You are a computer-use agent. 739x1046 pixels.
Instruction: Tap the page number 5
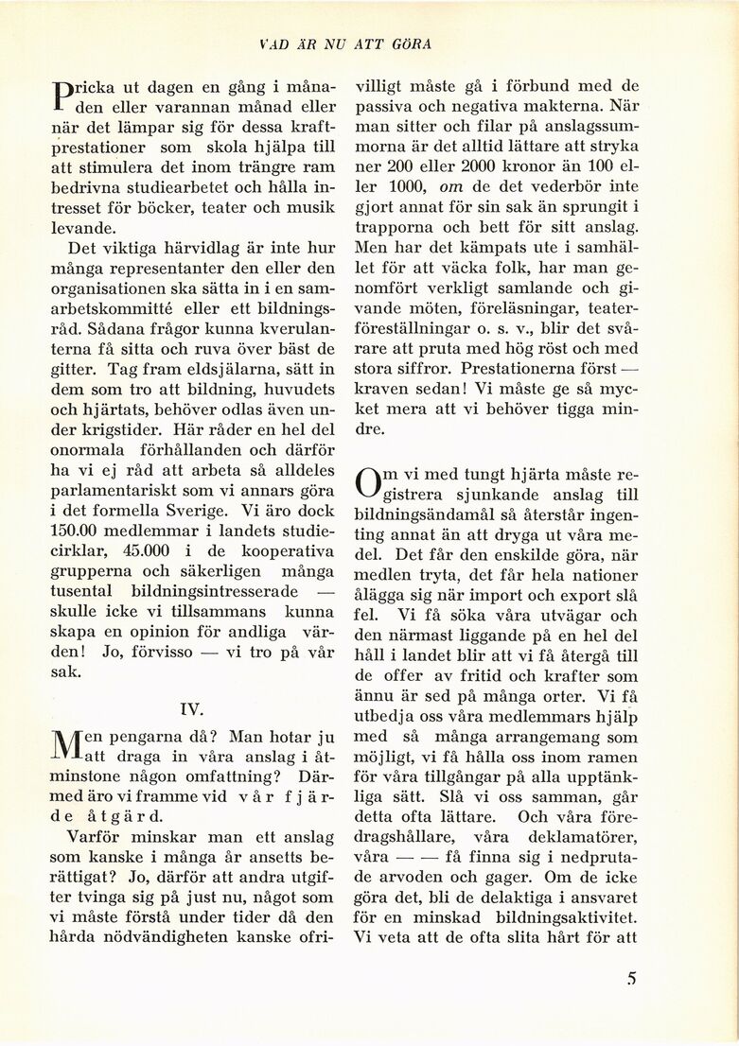pyautogui.click(x=631, y=979)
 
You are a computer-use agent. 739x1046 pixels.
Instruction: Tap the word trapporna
pyautogui.click(x=393, y=228)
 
